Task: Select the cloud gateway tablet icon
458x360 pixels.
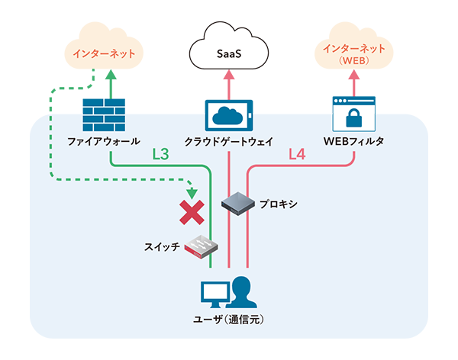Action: coord(230,115)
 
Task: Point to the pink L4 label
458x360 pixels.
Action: coord(297,155)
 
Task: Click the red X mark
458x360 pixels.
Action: coord(190,212)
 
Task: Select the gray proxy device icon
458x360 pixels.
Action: coord(236,202)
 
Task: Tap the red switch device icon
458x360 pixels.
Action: coord(204,246)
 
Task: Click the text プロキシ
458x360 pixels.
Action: coord(277,205)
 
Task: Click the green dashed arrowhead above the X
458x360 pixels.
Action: coord(191,191)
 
